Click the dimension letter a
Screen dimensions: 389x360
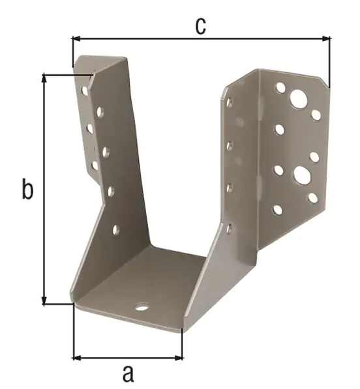click(128, 373)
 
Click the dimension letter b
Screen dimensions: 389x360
click(27, 190)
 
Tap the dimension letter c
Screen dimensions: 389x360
click(200, 25)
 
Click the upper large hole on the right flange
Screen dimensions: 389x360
click(299, 99)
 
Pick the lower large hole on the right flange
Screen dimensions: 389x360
click(301, 174)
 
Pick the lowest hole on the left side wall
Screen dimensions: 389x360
click(116, 229)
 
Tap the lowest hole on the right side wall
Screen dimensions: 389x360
click(229, 228)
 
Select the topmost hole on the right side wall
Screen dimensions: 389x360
click(229, 102)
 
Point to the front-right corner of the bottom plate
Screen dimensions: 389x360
click(182, 330)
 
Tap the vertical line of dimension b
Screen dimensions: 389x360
click(44, 189)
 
